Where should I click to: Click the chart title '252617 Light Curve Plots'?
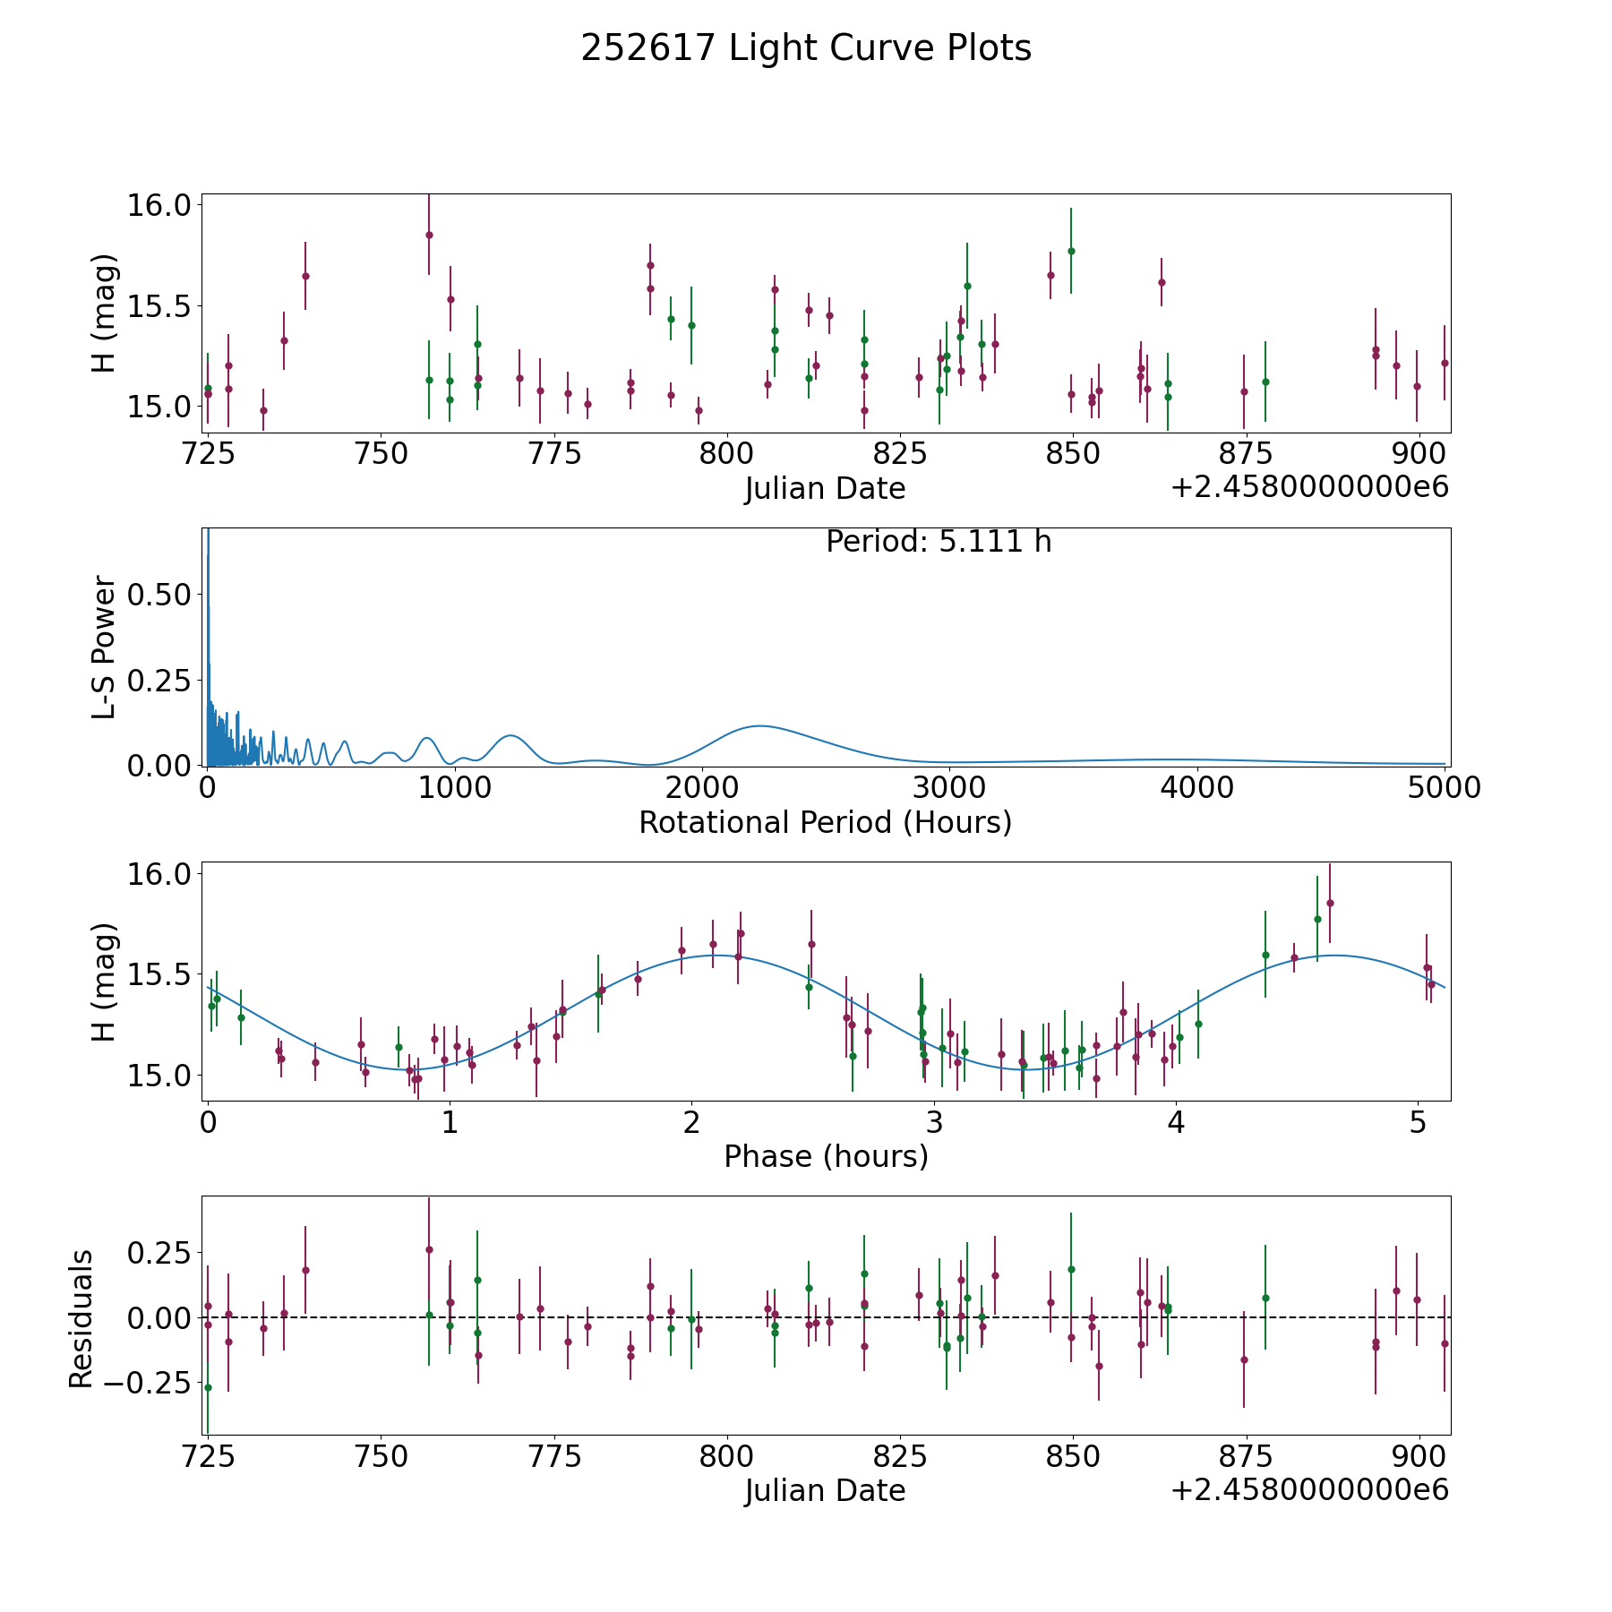(806, 48)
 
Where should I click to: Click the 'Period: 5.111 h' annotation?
(939, 542)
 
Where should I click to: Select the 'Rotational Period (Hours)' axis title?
(825, 822)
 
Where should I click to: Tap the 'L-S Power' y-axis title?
(104, 647)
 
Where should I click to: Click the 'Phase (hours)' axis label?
(826, 1157)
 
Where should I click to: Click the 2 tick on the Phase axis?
(691, 1123)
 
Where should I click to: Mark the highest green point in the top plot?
(1071, 251)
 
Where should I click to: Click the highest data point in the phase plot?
(1330, 903)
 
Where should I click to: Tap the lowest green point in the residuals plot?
(208, 1387)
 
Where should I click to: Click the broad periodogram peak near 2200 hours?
(759, 725)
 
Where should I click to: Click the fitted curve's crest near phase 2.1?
(716, 956)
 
